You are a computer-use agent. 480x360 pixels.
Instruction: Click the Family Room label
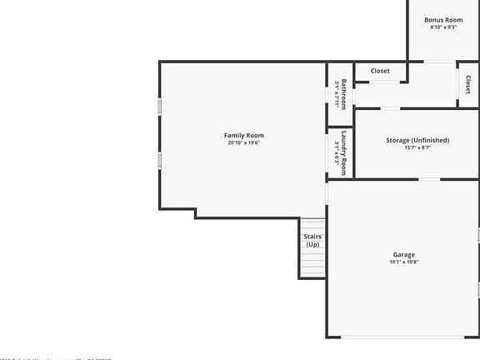pos(243,135)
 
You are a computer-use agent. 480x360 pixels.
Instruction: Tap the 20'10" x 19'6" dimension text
pos(243,142)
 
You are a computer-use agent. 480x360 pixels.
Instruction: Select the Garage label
pos(403,254)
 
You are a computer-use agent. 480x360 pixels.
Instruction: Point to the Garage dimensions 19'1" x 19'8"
pos(403,262)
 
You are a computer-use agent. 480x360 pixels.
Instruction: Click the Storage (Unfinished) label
pos(417,140)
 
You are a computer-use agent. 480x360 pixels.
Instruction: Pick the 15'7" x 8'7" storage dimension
pos(417,147)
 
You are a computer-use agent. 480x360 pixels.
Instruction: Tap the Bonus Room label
pos(442,19)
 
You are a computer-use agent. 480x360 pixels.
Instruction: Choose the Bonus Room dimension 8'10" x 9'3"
pos(442,27)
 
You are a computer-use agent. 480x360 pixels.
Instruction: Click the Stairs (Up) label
pos(312,241)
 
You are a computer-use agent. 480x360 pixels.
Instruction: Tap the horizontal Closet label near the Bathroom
pos(380,71)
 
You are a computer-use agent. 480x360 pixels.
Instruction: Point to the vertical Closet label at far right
pos(468,85)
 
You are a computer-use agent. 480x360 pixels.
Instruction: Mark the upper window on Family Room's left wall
pos(160,108)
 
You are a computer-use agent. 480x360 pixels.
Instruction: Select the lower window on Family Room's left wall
pos(160,158)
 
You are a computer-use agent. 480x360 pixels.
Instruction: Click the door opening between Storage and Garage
pos(428,179)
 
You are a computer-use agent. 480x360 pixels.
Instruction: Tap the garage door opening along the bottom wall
pos(402,337)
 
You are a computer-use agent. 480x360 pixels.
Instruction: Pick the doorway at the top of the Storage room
pos(390,108)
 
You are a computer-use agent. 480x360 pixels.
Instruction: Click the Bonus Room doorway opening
pos(440,62)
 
